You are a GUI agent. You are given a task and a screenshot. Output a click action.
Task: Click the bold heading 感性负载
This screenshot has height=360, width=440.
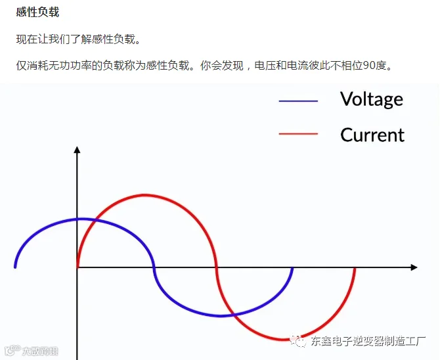(x=37, y=12)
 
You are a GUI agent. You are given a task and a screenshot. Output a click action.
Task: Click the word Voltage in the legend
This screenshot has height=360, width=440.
(x=372, y=100)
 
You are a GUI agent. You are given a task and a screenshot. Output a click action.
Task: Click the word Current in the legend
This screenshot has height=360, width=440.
(x=372, y=135)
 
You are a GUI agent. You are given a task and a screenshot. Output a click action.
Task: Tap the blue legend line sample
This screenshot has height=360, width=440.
(x=298, y=101)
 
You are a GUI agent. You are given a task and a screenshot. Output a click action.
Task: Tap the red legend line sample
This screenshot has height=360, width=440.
(x=298, y=134)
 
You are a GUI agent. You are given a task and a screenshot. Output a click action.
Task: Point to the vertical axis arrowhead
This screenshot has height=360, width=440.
(x=77, y=150)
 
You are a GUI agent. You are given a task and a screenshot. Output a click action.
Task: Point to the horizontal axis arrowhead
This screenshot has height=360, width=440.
(x=414, y=267)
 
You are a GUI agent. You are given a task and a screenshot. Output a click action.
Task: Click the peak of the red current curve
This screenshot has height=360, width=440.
(x=144, y=195)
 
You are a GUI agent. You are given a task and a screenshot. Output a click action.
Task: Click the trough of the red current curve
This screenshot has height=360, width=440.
(x=283, y=340)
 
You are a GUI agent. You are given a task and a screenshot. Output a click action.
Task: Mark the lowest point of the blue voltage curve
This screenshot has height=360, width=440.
(x=220, y=315)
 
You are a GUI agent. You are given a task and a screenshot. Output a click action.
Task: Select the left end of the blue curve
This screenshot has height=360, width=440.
(x=15, y=267)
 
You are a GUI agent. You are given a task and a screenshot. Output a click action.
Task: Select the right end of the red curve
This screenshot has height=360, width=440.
(x=355, y=269)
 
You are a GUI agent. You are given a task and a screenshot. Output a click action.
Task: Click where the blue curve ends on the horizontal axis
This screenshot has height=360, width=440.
(x=292, y=268)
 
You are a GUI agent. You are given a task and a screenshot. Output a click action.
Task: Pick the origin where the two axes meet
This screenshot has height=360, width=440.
(x=77, y=267)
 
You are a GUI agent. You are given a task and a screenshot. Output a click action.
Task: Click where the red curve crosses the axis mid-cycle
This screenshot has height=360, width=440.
(x=216, y=267)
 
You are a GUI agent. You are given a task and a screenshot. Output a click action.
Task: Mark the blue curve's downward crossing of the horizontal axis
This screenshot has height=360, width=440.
(x=154, y=267)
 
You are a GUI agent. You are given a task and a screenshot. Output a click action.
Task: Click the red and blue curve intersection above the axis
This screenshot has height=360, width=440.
(x=95, y=220)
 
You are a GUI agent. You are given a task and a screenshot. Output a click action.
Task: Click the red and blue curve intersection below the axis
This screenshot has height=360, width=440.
(x=234, y=315)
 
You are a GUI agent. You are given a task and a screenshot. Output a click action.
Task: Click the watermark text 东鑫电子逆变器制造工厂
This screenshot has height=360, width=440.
(x=368, y=342)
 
